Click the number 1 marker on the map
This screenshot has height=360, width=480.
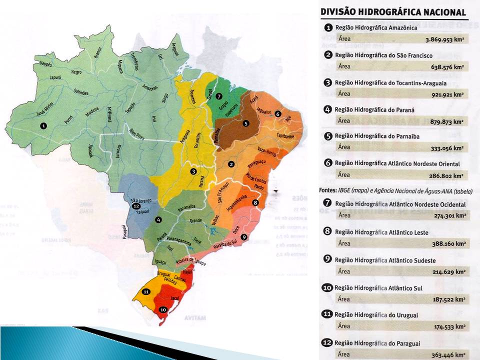[x=43, y=126]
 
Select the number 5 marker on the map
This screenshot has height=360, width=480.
[x=245, y=122]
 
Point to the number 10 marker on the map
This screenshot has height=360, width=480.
[x=162, y=309]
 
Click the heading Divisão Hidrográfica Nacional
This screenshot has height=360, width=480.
[x=393, y=12]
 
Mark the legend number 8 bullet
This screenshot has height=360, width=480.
[x=328, y=232]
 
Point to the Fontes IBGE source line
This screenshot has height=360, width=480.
[x=395, y=190]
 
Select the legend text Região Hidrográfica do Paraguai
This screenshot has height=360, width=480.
[x=376, y=343]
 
